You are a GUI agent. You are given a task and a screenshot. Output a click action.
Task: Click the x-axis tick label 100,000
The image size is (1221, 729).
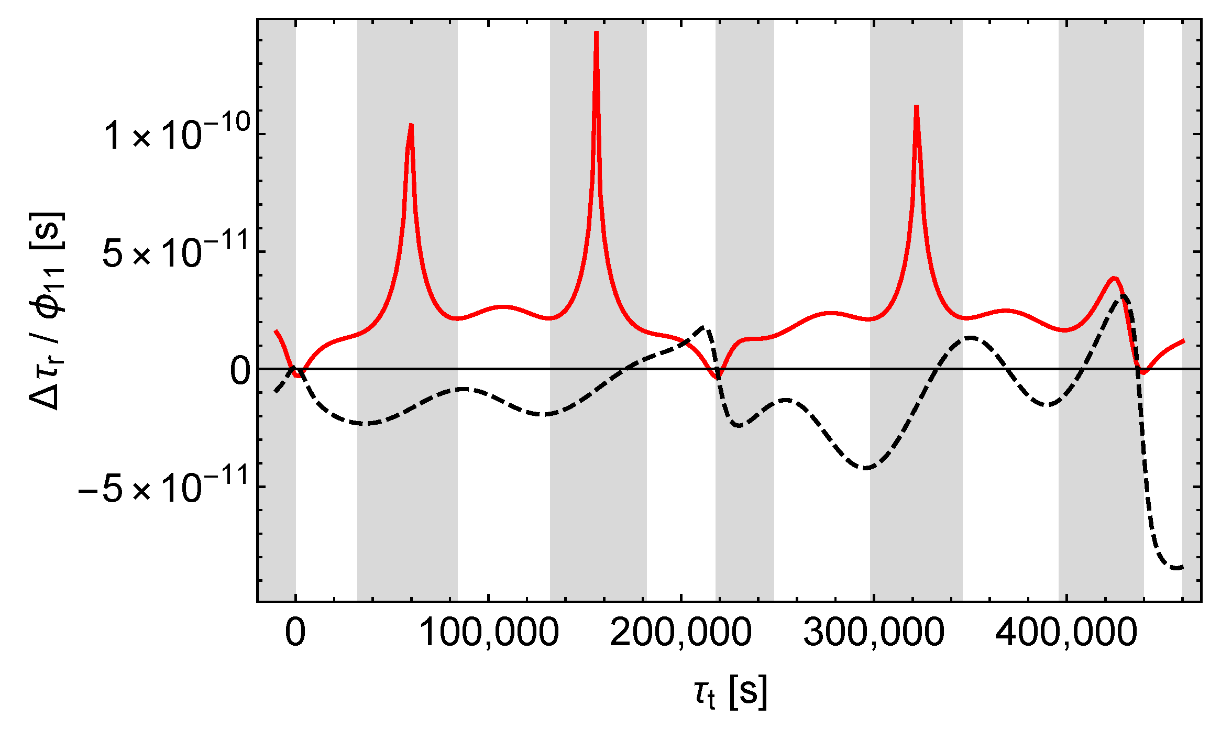pos(489,632)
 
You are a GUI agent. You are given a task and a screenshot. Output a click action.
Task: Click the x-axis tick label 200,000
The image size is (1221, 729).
pos(681,632)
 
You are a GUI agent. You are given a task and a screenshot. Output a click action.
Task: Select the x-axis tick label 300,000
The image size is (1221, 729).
pos(874,632)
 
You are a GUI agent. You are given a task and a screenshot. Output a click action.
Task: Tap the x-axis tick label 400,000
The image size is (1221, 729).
pos(1066,632)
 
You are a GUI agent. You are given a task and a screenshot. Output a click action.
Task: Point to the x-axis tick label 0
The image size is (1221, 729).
pos(295,632)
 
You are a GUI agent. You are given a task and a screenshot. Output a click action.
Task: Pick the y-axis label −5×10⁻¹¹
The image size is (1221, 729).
pos(162,488)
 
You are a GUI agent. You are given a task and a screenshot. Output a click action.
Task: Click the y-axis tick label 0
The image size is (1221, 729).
pos(240,371)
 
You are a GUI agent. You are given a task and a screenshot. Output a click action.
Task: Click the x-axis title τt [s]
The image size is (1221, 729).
pos(730,692)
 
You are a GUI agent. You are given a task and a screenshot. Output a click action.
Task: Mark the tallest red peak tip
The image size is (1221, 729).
pos(596,32)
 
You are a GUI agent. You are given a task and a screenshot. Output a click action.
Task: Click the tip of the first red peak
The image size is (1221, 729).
pos(411,125)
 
